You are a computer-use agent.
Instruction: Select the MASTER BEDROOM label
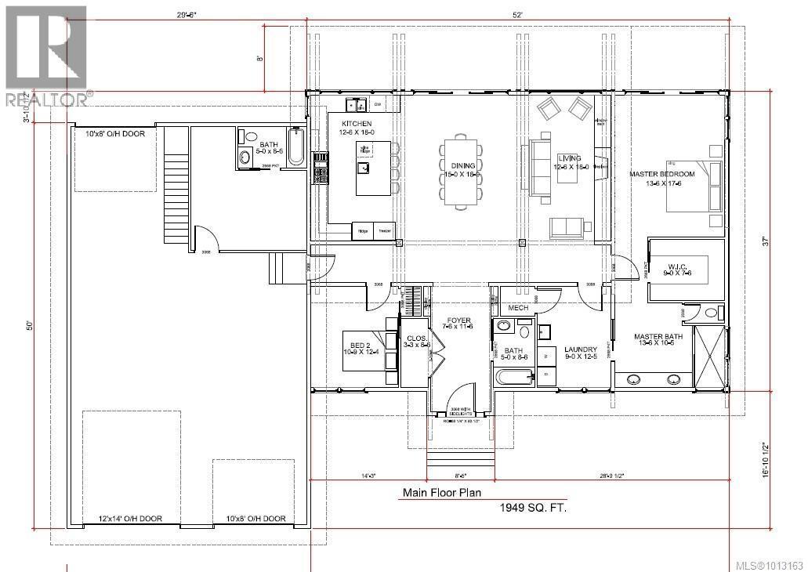[x=662, y=173]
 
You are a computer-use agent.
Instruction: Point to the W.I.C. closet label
[x=678, y=265]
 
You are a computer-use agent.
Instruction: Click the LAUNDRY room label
[x=582, y=349]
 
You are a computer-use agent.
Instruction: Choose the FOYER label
[x=458, y=320]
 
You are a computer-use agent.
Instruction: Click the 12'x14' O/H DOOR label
[x=130, y=519]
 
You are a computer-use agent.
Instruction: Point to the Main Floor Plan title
[x=442, y=494]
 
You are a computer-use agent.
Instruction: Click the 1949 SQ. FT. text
[x=533, y=508]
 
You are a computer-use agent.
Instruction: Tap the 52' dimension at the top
[x=517, y=13]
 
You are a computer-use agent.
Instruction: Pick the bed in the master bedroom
[x=694, y=186]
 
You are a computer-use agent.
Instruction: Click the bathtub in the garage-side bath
[x=296, y=147]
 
